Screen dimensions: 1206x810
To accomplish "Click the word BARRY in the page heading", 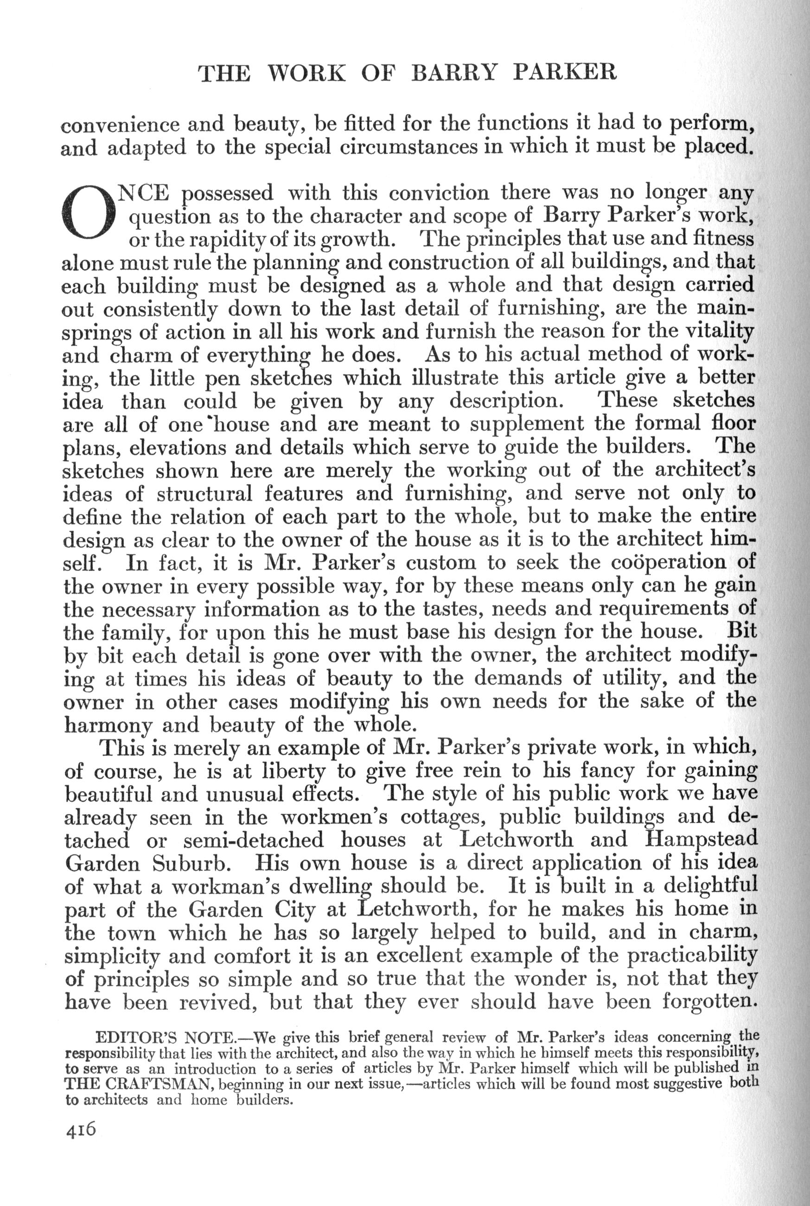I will tap(456, 73).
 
